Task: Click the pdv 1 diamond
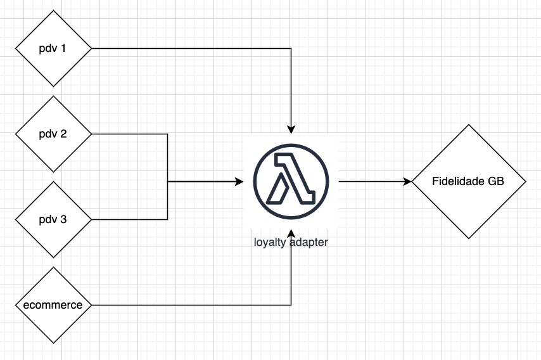click(53, 48)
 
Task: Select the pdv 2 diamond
click(53, 134)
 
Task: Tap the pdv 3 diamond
click(53, 219)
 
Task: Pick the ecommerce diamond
click(53, 305)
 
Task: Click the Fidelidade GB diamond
click(469, 181)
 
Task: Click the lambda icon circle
click(291, 177)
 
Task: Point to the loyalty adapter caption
click(291, 241)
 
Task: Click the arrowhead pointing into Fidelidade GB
click(407, 181)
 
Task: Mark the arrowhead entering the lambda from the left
click(239, 181)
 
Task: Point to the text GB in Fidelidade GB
click(496, 181)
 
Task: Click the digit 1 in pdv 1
click(63, 48)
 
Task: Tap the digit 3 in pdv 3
click(63, 219)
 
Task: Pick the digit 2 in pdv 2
click(63, 134)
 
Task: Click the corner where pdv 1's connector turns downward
click(291, 48)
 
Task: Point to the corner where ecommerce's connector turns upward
click(291, 305)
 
